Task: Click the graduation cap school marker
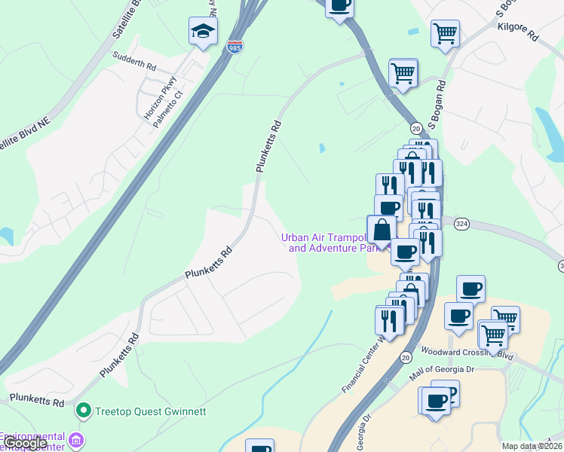click(203, 32)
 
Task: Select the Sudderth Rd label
click(133, 60)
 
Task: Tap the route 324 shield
click(461, 224)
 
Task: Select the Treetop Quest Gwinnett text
click(151, 411)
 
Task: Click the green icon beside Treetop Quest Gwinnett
click(84, 411)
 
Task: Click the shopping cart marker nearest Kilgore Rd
click(445, 33)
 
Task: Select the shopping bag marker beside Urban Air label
click(382, 229)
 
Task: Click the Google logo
click(25, 443)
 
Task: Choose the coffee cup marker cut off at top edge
click(339, 5)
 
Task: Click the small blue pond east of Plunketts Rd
click(322, 148)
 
